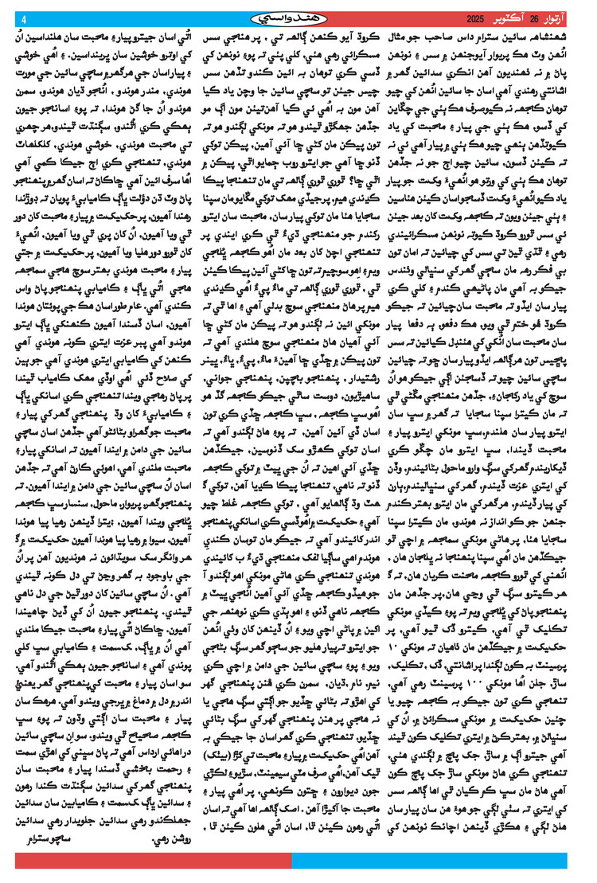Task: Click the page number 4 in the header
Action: coord(23,20)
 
